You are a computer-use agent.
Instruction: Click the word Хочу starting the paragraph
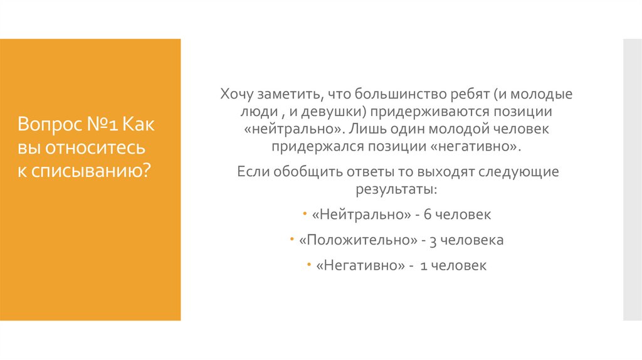point(237,95)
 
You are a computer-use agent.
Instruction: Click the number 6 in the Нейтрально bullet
point(428,214)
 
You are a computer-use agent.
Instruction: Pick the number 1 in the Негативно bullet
point(424,266)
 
